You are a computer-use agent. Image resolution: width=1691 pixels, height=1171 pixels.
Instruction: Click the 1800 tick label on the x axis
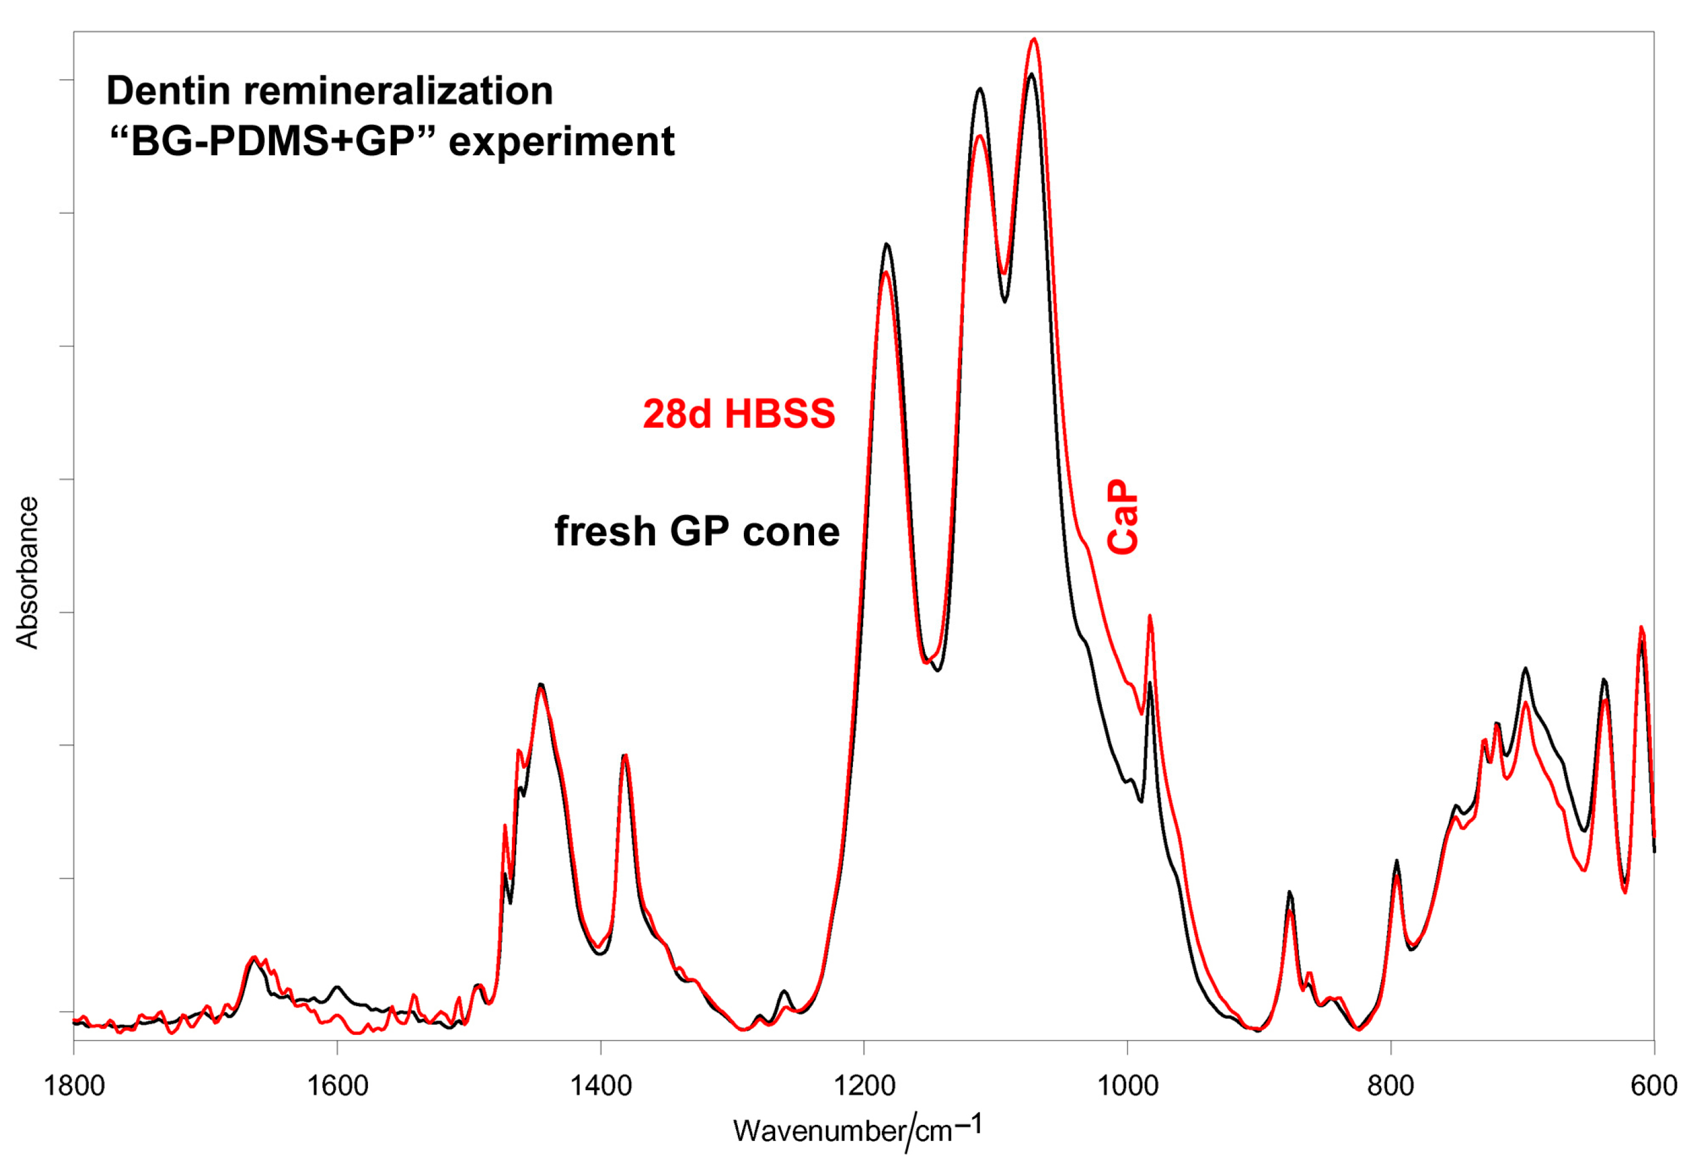click(x=74, y=1086)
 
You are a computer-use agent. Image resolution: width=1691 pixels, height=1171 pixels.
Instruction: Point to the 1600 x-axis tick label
click(x=337, y=1086)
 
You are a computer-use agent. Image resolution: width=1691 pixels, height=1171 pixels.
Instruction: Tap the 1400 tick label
click(x=601, y=1086)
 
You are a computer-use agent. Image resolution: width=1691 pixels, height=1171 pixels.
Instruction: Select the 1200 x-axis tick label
click(x=864, y=1086)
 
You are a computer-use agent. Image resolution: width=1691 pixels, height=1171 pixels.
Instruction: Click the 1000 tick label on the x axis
click(x=1128, y=1086)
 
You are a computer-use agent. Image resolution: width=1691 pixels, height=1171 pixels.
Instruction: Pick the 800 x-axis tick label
click(x=1391, y=1086)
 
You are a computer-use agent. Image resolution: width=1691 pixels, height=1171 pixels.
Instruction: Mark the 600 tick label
click(x=1654, y=1086)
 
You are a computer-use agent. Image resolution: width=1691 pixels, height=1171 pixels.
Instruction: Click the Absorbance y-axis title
click(x=27, y=573)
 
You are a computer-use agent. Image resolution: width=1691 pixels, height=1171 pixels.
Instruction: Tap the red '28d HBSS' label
click(x=739, y=414)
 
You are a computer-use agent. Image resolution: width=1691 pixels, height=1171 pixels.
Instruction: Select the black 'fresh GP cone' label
click(x=697, y=531)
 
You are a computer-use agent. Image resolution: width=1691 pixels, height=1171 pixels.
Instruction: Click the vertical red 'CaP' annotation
click(x=1123, y=517)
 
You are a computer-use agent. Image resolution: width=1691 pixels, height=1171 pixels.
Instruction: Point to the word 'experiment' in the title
click(x=562, y=141)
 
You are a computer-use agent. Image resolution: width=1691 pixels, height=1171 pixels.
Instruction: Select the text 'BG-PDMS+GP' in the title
click(x=272, y=141)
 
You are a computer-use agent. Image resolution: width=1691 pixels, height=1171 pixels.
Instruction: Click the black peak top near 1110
click(x=979, y=89)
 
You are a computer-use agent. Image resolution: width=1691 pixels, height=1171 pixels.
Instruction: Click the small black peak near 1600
click(x=337, y=988)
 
